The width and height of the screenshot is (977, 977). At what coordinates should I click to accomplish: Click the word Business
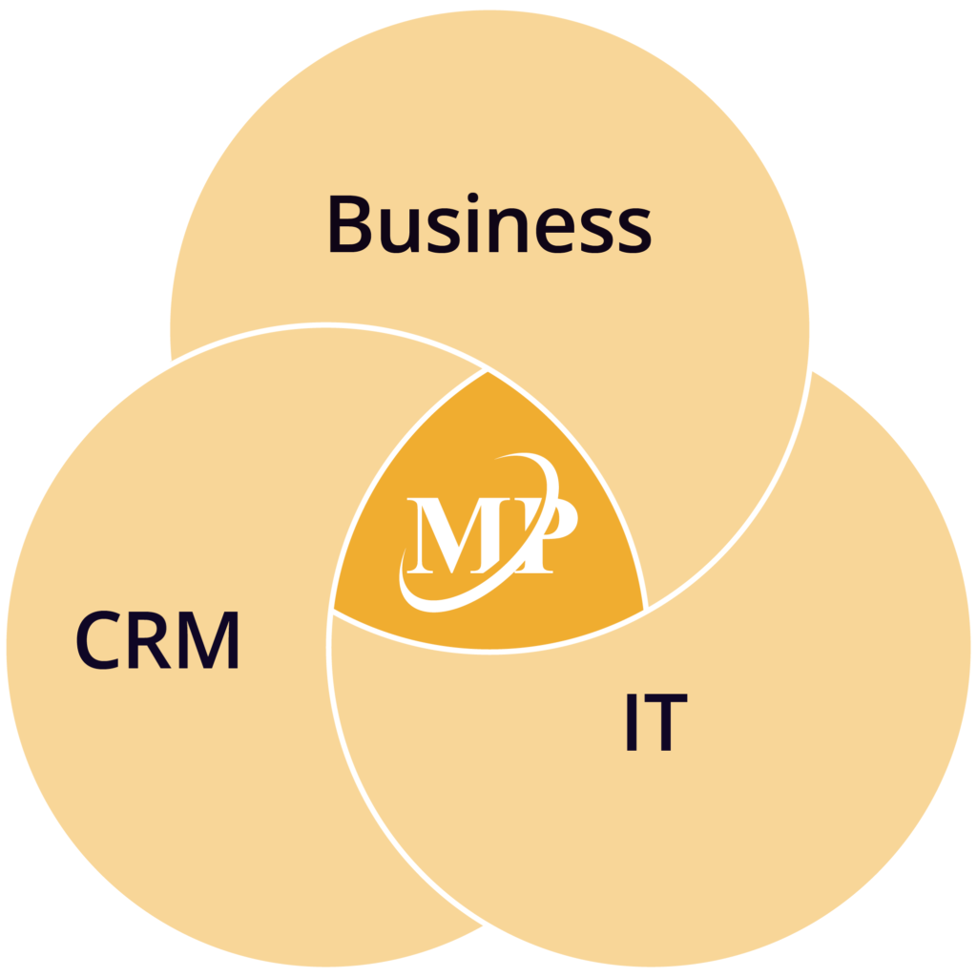coord(489,223)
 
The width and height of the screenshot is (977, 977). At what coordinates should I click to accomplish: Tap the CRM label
coord(157,640)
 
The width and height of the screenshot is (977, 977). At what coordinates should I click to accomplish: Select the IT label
coord(656,722)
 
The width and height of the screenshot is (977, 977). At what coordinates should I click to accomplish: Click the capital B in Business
coord(349,224)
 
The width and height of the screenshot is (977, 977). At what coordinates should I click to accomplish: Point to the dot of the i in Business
coord(472,198)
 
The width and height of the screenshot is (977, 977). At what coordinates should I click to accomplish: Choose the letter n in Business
coord(509,231)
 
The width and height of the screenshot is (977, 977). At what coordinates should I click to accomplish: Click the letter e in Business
coord(555,231)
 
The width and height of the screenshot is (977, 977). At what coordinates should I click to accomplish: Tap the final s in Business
coord(632,231)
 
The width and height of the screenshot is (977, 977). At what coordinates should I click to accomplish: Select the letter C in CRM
coord(98,640)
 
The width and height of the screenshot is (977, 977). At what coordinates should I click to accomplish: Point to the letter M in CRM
coord(209,640)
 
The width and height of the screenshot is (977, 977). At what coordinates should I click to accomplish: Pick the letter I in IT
coord(632,722)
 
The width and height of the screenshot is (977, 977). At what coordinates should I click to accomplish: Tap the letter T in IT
coord(665,722)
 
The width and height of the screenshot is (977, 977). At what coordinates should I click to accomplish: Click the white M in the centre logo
coord(454,535)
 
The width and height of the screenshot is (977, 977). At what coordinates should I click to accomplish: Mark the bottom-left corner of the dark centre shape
coord(335,609)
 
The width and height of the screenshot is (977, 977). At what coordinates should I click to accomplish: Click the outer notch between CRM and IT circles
coord(484,925)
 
